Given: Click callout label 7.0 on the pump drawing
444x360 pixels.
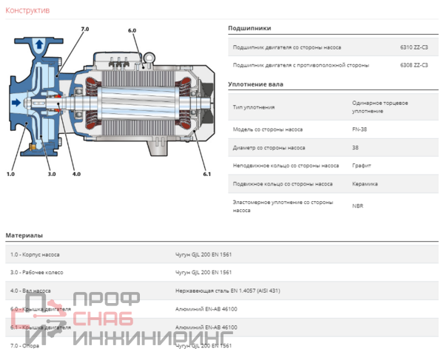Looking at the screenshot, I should pos(84,28).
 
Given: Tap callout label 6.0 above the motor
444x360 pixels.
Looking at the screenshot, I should pos(132,30).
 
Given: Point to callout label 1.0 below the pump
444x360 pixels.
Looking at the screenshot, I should pos(10,174).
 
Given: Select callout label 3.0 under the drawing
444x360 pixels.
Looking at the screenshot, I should pos(52,174).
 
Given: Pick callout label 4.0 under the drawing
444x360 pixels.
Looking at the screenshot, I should pos(76,174).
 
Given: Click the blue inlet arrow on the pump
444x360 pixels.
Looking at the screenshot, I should pos(15,101).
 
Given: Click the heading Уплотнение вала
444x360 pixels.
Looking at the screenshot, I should pos(256,84).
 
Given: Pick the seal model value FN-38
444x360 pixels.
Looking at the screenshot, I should pos(360,129).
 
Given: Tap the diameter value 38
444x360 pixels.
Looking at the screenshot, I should pos(356,147).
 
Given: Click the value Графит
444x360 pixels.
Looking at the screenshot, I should pos(362,166).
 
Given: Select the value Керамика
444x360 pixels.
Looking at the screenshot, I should pos(365,184).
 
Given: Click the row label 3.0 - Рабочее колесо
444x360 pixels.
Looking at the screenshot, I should pos(37,272).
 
